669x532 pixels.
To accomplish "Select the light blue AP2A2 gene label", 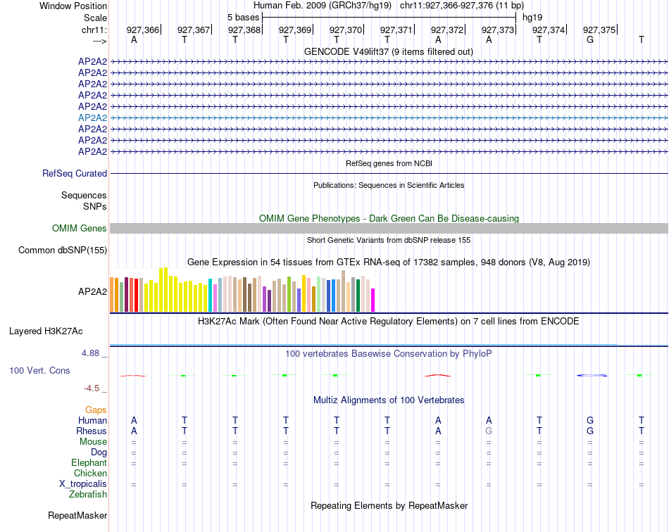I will [x=92, y=118].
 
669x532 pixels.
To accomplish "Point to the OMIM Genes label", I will [x=80, y=228].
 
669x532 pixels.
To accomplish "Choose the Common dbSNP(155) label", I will [x=63, y=250].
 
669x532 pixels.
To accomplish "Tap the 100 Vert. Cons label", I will [x=39, y=370].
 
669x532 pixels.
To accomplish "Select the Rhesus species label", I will [x=92, y=431].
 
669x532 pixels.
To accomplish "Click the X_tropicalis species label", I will [x=83, y=483].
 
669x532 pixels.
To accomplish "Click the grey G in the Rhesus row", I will [x=489, y=431].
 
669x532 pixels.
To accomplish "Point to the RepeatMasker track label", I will [x=77, y=516].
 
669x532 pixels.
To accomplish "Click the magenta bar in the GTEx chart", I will [x=373, y=300].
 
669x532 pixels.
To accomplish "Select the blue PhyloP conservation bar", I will [x=592, y=375].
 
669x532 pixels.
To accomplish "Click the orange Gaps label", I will [x=96, y=410].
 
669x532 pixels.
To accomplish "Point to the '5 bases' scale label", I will [x=243, y=17].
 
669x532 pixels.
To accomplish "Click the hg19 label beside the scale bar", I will [x=532, y=17].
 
